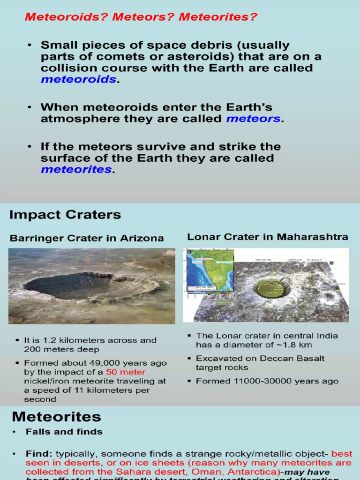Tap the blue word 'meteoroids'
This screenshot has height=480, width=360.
tap(78, 79)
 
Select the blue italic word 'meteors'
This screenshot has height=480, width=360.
tap(253, 119)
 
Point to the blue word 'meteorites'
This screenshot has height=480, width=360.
tap(76, 169)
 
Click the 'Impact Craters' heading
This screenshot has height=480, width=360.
tap(65, 215)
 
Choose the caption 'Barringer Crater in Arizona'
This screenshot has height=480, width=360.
tap(87, 238)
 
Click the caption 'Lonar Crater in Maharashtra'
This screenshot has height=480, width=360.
tap(268, 237)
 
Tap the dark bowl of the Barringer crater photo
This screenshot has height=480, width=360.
tap(70, 285)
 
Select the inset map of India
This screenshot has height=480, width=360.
tap(210, 270)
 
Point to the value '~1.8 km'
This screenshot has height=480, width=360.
tap(294, 345)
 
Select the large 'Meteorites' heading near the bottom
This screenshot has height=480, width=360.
tap(56, 417)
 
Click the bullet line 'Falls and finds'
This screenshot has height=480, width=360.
tap(64, 432)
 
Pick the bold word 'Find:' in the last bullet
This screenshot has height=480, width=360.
tap(39, 454)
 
